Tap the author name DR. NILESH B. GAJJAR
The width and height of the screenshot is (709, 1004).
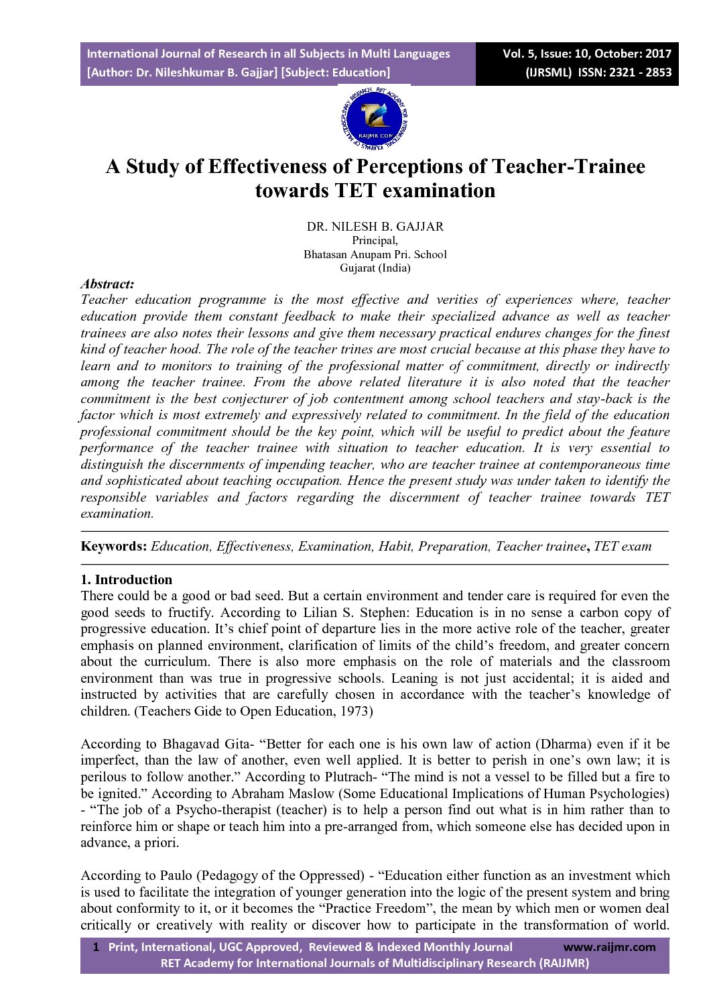[375, 227]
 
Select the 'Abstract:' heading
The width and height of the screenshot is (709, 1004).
[107, 284]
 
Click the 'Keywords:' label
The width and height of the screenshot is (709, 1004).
[113, 546]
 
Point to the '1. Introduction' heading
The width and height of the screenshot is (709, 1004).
[126, 579]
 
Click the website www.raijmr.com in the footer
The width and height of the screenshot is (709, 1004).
[609, 947]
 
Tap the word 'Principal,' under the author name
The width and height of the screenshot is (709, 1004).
[375, 240]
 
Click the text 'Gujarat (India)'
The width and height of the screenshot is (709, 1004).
[375, 268]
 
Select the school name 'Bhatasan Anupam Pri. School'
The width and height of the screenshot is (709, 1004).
[375, 254]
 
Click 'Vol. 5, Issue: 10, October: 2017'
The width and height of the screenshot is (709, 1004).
[587, 54]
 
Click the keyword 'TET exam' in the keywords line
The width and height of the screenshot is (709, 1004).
[623, 546]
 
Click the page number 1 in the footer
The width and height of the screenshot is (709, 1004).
[96, 947]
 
